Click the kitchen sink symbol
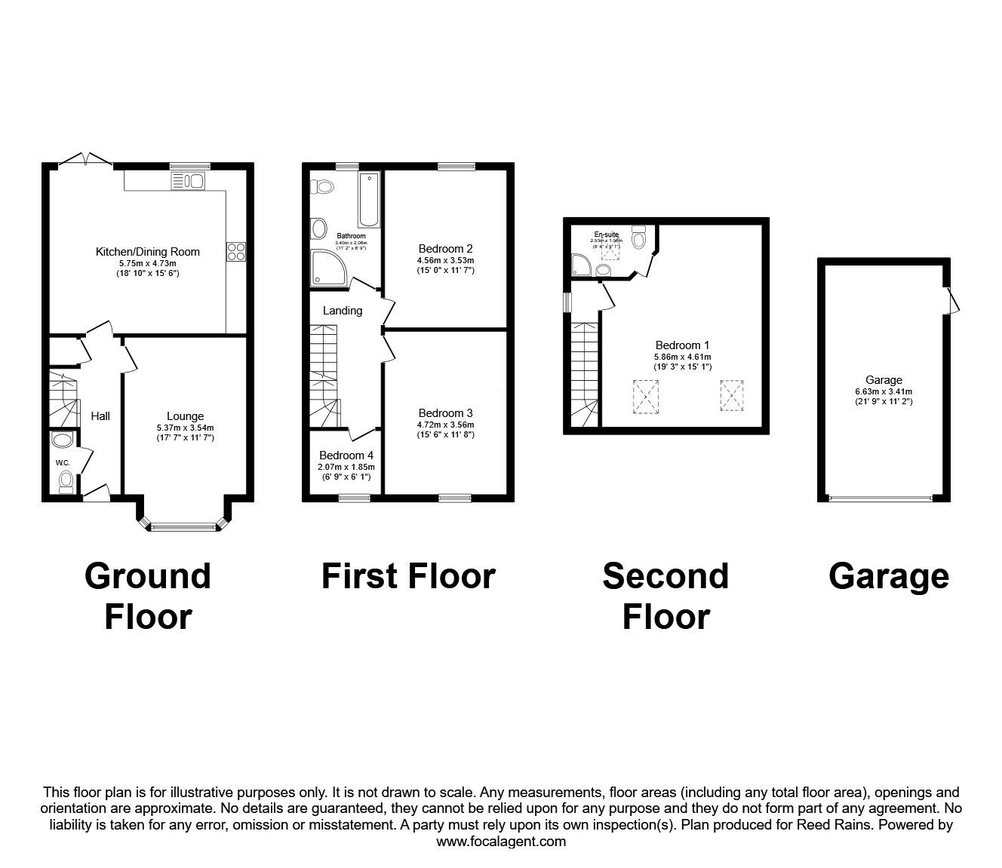(189, 180)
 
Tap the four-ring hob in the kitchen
(235, 251)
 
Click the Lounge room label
(185, 416)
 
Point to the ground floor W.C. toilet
(66, 480)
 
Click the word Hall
(100, 416)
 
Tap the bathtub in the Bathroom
(369, 200)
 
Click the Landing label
(343, 311)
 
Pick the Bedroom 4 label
(346, 455)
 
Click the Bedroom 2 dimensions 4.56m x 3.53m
(445, 261)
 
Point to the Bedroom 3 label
(445, 413)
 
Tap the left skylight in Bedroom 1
(645, 397)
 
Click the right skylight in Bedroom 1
(730, 395)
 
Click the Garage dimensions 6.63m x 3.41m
(884, 392)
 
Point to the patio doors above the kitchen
(85, 159)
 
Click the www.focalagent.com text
(501, 842)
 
